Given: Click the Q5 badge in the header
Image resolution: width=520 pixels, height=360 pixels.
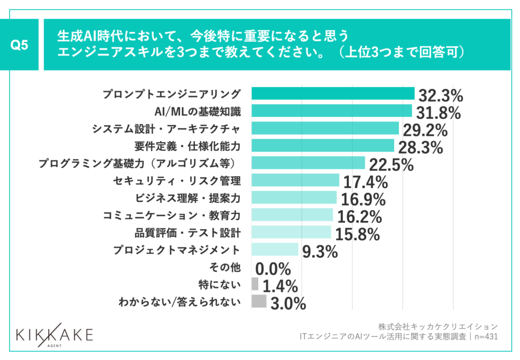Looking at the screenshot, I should click(x=19, y=45).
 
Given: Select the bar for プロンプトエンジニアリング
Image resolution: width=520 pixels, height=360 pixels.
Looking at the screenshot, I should click(x=333, y=94).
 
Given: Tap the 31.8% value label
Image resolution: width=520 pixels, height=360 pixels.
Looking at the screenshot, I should click(x=438, y=112).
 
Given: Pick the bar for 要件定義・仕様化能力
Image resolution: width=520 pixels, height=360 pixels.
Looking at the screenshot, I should click(x=323, y=146).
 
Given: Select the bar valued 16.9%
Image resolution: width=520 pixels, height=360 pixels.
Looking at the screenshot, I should click(x=294, y=198).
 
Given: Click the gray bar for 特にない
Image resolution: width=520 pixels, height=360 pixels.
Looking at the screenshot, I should click(x=255, y=284).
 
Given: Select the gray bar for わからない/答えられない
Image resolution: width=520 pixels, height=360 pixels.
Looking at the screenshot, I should click(x=259, y=302).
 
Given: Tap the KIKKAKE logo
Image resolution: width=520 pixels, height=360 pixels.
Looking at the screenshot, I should click(x=54, y=336).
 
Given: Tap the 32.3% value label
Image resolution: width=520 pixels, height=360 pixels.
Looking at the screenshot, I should click(x=441, y=95).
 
